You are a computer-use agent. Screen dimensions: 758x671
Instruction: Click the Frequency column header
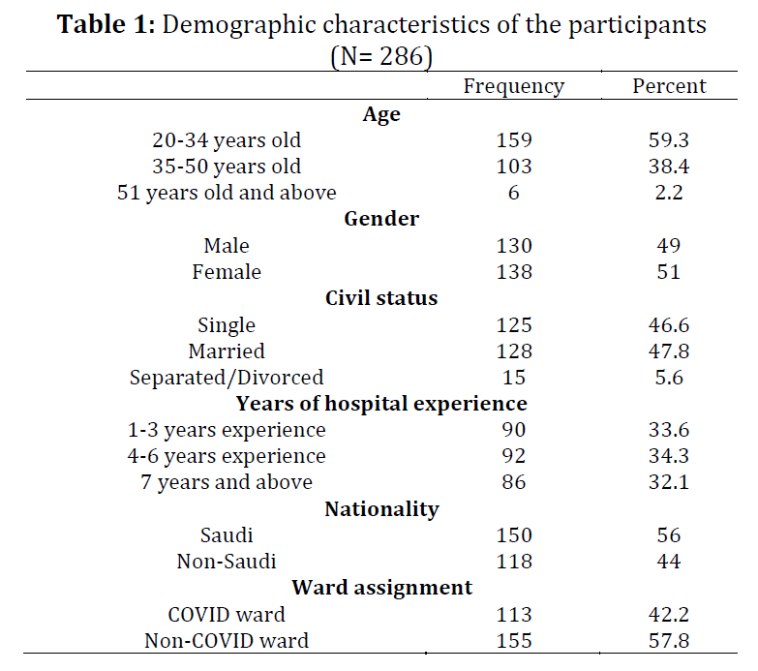tap(514, 87)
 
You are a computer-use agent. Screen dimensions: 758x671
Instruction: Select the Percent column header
tap(669, 86)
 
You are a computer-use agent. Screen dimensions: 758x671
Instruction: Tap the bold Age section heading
tap(381, 115)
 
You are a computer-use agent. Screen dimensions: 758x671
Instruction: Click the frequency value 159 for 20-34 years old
tap(514, 140)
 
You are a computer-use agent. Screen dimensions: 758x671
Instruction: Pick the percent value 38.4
tap(669, 167)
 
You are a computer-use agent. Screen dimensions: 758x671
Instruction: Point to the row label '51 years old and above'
tap(227, 193)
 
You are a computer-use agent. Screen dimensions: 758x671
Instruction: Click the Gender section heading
tap(381, 219)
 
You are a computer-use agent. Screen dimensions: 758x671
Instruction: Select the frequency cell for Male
tap(514, 246)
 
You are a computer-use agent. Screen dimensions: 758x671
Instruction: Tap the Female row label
tap(227, 272)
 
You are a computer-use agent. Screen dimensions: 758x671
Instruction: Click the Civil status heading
tap(381, 298)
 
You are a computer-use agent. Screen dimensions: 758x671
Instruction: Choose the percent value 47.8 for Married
tap(669, 351)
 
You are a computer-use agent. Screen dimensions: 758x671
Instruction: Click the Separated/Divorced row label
tap(227, 378)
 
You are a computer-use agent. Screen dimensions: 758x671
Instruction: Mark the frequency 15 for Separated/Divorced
tap(514, 378)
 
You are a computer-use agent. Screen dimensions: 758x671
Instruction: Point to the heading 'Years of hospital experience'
tap(381, 404)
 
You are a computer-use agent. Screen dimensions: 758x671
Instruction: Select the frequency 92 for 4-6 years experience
tap(514, 456)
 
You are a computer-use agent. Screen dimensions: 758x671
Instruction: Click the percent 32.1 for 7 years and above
tap(669, 482)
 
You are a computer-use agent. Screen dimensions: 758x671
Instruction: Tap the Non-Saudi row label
tap(227, 562)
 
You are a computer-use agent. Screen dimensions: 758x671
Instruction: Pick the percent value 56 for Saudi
tap(669, 535)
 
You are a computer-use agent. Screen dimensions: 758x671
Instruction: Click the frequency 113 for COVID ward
tap(514, 615)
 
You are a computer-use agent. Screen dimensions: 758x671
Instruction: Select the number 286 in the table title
tap(401, 56)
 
